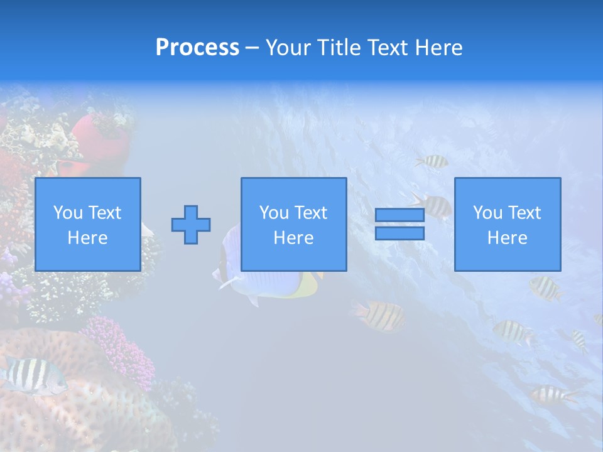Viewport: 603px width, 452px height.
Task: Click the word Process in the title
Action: [x=197, y=48]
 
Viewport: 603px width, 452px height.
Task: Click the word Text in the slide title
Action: [x=384, y=48]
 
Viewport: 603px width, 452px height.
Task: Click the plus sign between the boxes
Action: [x=191, y=225]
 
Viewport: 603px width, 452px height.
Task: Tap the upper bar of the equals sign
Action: [x=399, y=215]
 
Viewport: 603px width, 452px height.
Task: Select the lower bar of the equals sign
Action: [x=399, y=234]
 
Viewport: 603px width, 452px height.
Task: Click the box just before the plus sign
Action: [x=88, y=224]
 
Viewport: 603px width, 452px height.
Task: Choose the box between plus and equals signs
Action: [x=294, y=224]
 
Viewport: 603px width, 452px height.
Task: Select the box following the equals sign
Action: [x=508, y=224]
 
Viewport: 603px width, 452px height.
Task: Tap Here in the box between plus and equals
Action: [x=294, y=238]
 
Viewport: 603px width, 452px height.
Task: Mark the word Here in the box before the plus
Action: [x=88, y=238]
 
